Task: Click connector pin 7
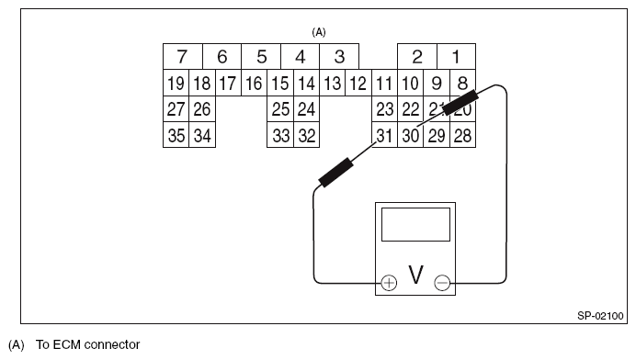tap(182, 57)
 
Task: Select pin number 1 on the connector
tap(456, 57)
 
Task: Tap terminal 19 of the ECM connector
tap(176, 84)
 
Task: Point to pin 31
tap(385, 135)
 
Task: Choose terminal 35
tap(176, 135)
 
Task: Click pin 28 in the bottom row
tap(463, 135)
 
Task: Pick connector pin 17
tap(228, 84)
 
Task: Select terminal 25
tap(280, 109)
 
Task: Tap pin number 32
tap(307, 135)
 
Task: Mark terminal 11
tap(385, 84)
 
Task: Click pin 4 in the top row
tap(300, 57)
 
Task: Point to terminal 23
tap(385, 109)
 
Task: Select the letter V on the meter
tap(415, 276)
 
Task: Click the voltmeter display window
tap(415, 223)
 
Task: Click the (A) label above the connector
tap(319, 31)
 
